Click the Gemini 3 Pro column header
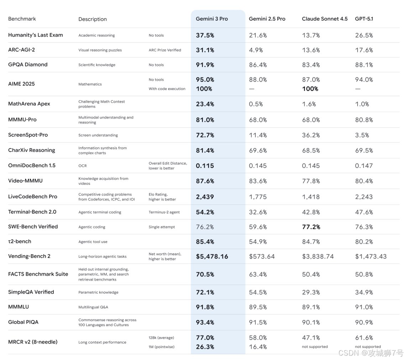[x=212, y=19]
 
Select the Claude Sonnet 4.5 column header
[x=324, y=19]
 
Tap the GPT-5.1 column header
[x=364, y=19]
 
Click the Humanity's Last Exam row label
[x=35, y=35]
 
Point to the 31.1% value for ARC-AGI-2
[x=205, y=50]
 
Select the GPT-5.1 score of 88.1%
[x=364, y=65]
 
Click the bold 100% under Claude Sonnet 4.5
[x=310, y=89]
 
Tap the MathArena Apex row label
[x=29, y=104]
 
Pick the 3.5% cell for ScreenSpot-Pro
[x=362, y=135]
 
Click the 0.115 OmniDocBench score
[x=205, y=166]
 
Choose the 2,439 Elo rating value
[x=205, y=197]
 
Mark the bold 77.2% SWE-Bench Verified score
[x=311, y=227]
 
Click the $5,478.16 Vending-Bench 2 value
[x=212, y=256]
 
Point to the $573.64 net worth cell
[x=262, y=256]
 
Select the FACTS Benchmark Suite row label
[x=38, y=274]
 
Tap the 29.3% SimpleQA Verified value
[x=311, y=292]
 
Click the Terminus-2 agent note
[x=164, y=212]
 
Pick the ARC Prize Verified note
[x=165, y=50]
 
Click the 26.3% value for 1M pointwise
[x=205, y=347]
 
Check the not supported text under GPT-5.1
[x=368, y=346]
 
